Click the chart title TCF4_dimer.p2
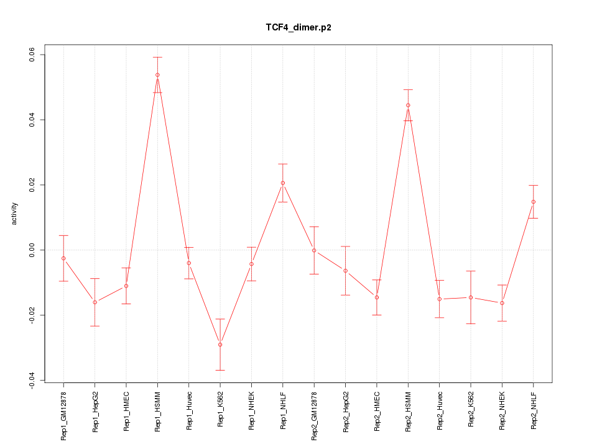298,28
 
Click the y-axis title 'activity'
15,214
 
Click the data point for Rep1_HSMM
157,75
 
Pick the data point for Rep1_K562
220,345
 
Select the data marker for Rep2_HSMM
408,105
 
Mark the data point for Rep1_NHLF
283,183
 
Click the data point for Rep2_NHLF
534,202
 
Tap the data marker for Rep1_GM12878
63,258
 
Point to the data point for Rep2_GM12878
314,250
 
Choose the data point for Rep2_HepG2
345,271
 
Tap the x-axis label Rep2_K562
471,412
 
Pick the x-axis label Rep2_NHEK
502,412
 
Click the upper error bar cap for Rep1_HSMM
157,57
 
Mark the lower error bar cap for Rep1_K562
220,370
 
